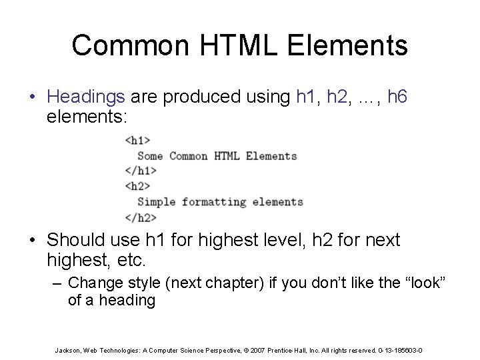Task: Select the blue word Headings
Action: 86,97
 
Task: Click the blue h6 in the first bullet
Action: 397,97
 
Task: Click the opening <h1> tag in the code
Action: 137,141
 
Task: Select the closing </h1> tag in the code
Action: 141,171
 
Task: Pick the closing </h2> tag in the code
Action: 141,217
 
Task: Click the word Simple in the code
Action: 157,202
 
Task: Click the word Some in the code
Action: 150,156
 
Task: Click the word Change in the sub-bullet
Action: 93,283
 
